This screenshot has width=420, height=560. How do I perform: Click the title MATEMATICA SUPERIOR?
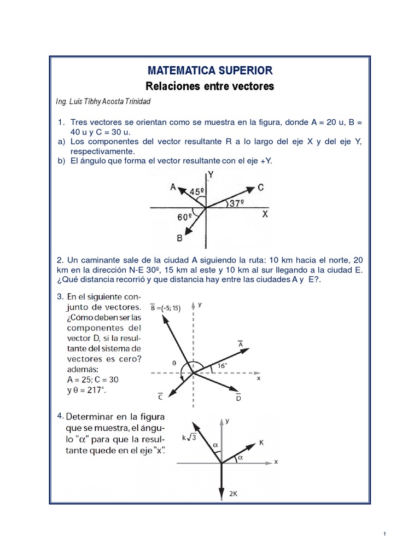[x=209, y=70]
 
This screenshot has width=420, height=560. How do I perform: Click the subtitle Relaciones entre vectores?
[x=209, y=86]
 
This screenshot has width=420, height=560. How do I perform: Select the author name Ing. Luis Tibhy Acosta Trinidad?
[x=103, y=102]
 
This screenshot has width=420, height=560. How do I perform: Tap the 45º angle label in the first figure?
[x=197, y=191]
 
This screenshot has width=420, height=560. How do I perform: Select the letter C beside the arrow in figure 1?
[x=260, y=188]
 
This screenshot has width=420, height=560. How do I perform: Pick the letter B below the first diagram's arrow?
[x=179, y=238]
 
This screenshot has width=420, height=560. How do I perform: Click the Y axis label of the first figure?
[x=211, y=175]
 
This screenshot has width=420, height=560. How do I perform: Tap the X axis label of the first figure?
[x=265, y=215]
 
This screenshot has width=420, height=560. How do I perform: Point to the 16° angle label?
[x=223, y=365]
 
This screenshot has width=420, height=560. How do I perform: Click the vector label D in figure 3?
[x=238, y=398]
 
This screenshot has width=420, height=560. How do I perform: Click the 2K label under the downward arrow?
[x=233, y=493]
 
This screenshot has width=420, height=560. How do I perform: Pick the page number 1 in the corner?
[x=386, y=534]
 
